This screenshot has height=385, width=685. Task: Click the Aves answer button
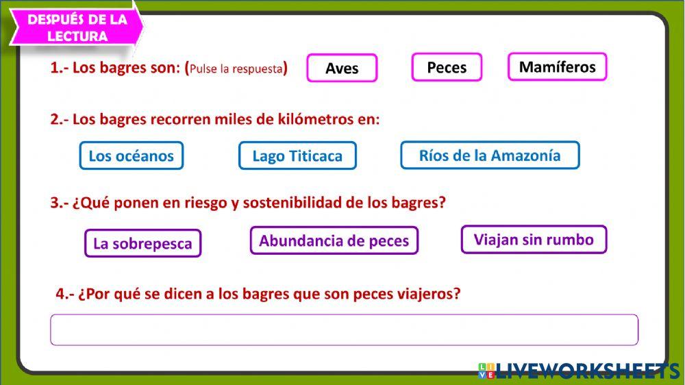tap(342, 69)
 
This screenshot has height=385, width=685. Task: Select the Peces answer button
tap(447, 67)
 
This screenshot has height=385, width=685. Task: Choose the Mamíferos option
tap(557, 66)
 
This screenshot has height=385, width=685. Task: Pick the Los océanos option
tap(132, 156)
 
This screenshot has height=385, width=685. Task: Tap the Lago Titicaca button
tap(297, 156)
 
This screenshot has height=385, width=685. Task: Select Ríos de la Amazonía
tap(489, 155)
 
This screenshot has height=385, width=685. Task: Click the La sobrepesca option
tap(142, 243)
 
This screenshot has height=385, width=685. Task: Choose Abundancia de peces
tap(334, 240)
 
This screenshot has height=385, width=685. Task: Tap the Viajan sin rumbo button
tap(534, 239)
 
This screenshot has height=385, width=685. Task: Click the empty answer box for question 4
tap(344, 330)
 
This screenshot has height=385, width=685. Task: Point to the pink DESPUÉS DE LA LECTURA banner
tap(77, 27)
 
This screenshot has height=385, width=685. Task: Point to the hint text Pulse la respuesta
tap(236, 69)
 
